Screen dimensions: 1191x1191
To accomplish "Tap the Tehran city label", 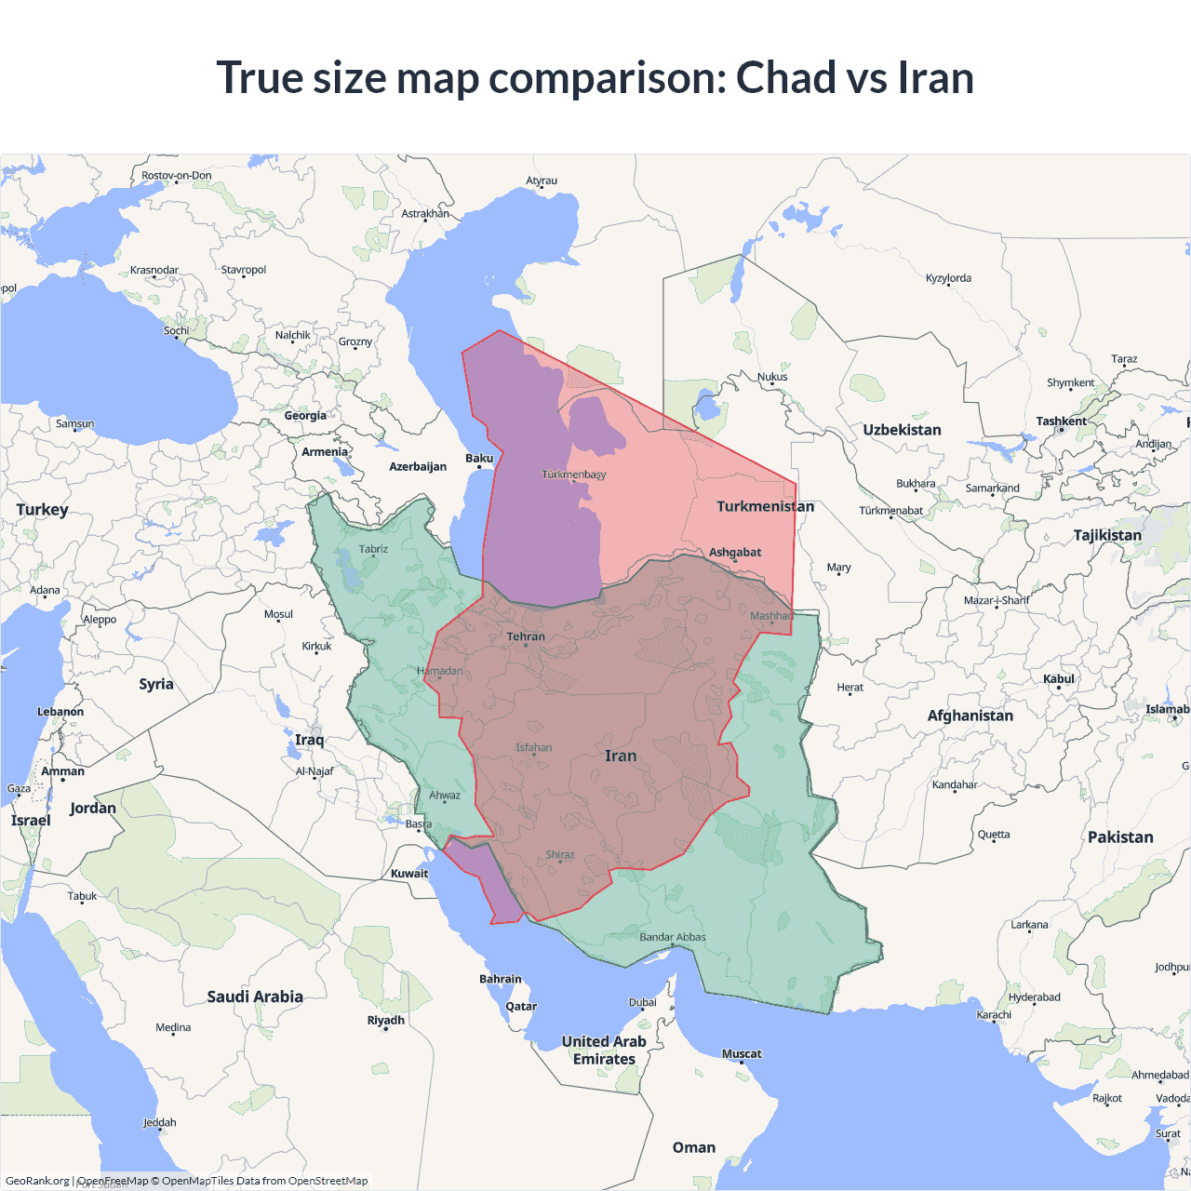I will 526,636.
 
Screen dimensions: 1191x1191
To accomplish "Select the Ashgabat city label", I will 735,552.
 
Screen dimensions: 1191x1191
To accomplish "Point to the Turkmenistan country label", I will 765,506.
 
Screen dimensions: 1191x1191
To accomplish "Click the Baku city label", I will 479,458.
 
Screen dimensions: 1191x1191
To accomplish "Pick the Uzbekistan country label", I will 902,430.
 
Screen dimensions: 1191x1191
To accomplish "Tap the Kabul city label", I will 1059,678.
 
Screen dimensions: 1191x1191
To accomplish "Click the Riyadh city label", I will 386,1020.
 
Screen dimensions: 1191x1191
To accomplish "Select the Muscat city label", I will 742,1053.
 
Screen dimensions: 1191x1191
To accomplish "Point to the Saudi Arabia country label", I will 255,997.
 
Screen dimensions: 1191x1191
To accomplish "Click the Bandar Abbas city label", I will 673,937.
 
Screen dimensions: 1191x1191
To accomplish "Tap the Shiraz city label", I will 560,854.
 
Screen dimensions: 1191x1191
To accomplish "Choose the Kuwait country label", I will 409,873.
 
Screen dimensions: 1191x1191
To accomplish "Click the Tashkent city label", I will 1062,421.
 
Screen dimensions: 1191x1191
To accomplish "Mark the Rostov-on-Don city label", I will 177,175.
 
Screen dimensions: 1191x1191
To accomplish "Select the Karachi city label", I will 994,1014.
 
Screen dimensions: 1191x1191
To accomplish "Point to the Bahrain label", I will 501,979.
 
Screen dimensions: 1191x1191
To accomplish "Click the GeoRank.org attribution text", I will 37,1181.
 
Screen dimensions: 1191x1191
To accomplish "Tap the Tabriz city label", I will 373,549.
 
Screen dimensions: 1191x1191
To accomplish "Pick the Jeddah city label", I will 160,1122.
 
